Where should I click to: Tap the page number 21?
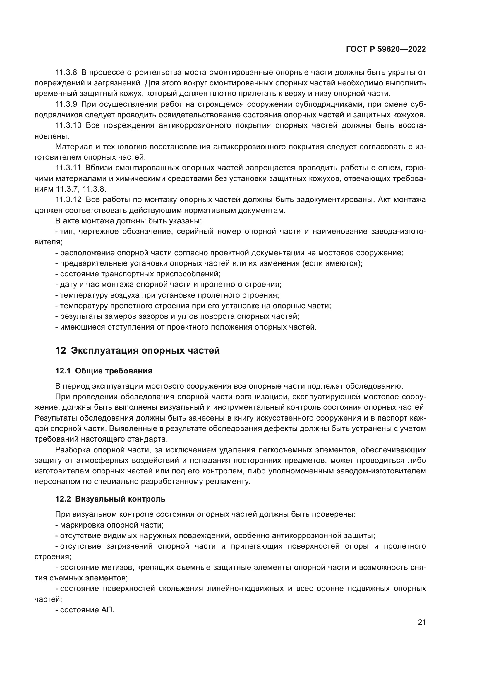pos(422,622)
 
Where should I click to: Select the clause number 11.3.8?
pos(66,73)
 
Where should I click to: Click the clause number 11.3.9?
pos(66,104)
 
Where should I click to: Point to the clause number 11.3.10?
pos(68,125)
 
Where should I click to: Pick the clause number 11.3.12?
pos(68,200)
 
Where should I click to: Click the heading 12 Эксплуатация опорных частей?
pos(138,351)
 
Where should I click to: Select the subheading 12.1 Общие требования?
pos(104,371)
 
